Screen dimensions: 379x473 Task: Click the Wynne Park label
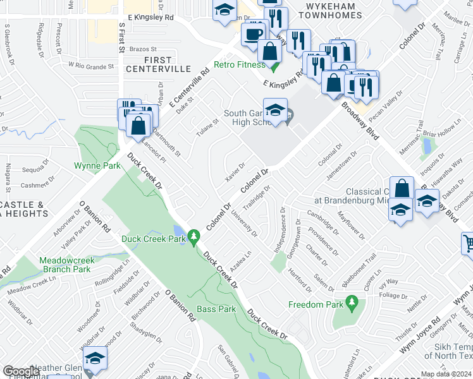pyautogui.click(x=97, y=165)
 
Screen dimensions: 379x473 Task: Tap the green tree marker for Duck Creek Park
pyautogui.click(x=195, y=238)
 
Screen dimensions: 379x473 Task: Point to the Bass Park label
pyautogui.click(x=216, y=309)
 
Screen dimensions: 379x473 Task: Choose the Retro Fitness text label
pyautogui.click(x=239, y=64)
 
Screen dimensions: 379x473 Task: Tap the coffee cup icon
pyautogui.click(x=254, y=33)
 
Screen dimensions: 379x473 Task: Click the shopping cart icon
pyautogui.click(x=468, y=243)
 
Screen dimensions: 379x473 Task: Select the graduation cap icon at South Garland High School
pyautogui.click(x=275, y=111)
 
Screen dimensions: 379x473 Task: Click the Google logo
pyautogui.click(x=21, y=371)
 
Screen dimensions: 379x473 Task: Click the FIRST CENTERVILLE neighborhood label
pyautogui.click(x=158, y=63)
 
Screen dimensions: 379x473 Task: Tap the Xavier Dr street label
pyautogui.click(x=235, y=171)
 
